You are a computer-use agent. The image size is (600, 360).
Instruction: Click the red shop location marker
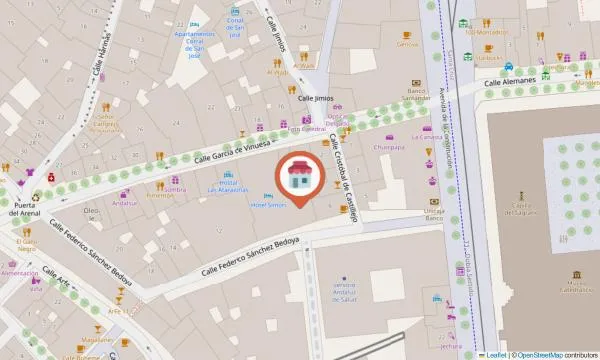click(x=299, y=178)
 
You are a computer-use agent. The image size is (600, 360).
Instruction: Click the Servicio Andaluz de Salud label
click(x=344, y=288)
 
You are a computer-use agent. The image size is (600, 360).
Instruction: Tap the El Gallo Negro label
click(x=28, y=246)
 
